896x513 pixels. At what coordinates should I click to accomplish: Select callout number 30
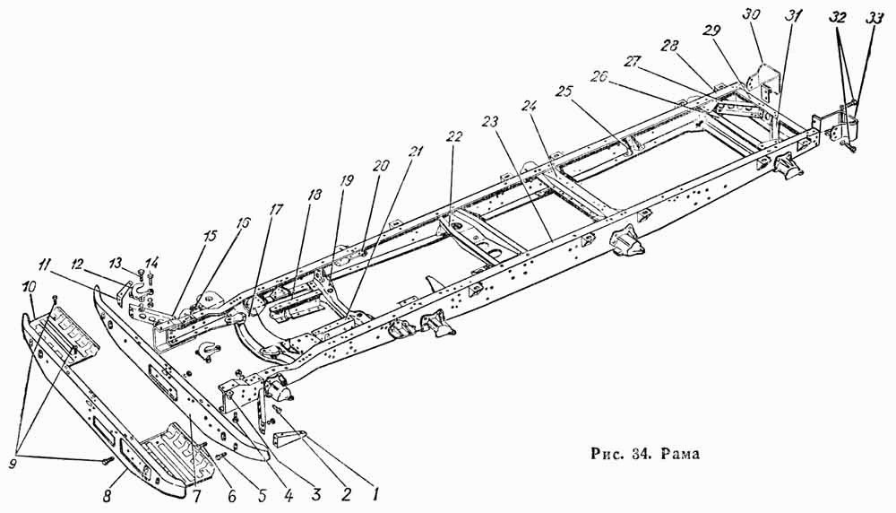[751, 14]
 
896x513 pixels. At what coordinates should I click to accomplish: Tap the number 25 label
[564, 91]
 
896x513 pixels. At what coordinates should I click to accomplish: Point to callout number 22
[455, 136]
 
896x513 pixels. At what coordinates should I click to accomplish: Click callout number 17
[275, 210]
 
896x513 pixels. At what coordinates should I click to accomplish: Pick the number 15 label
[210, 236]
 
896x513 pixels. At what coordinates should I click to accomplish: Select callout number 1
[375, 492]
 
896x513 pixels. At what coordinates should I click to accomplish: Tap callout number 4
[288, 495]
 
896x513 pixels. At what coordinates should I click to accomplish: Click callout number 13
[116, 262]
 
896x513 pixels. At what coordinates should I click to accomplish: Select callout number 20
[381, 166]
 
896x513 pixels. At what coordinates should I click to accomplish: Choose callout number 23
[490, 122]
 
